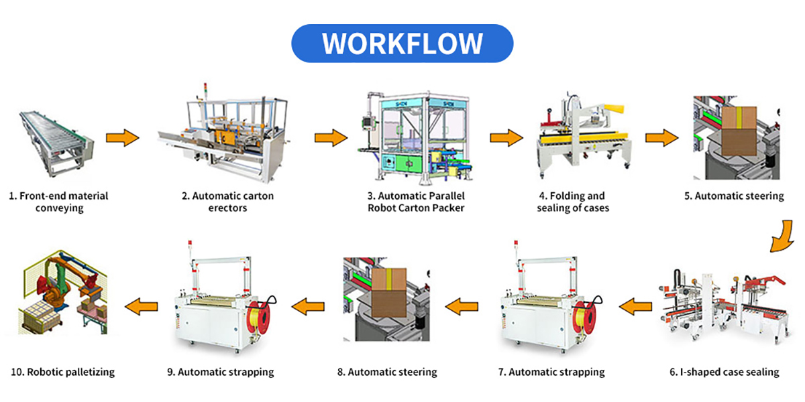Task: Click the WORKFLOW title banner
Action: pyautogui.click(x=402, y=44)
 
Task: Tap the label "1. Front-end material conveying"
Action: pyautogui.click(x=58, y=202)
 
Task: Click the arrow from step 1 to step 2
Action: pyautogui.click(x=122, y=139)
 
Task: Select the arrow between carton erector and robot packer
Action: pyautogui.click(x=331, y=139)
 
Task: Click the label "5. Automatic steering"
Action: pyautogui.click(x=739, y=196)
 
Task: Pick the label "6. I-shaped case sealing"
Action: pyautogui.click(x=724, y=372)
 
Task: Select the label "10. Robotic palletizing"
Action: pyautogui.click(x=62, y=372)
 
